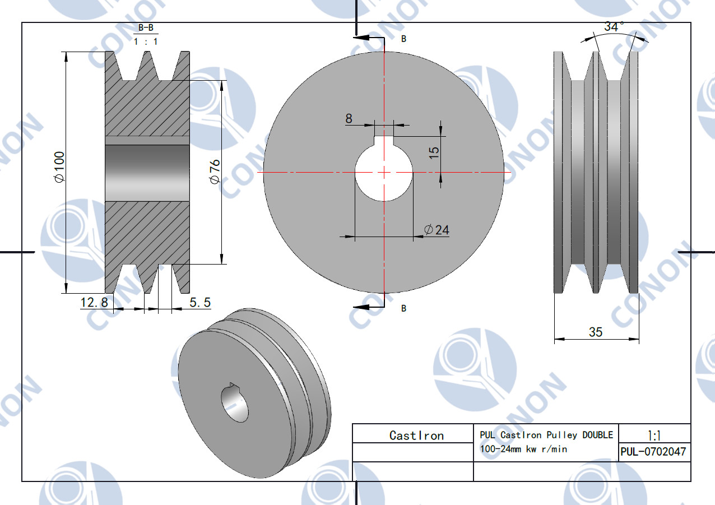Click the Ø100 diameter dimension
60,167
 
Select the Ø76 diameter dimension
215,172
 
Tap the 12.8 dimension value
94,302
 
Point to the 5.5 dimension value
200,302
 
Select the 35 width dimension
596,332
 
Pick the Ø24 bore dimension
437,230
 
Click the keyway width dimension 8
349,118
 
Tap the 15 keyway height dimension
434,153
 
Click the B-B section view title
146,28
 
